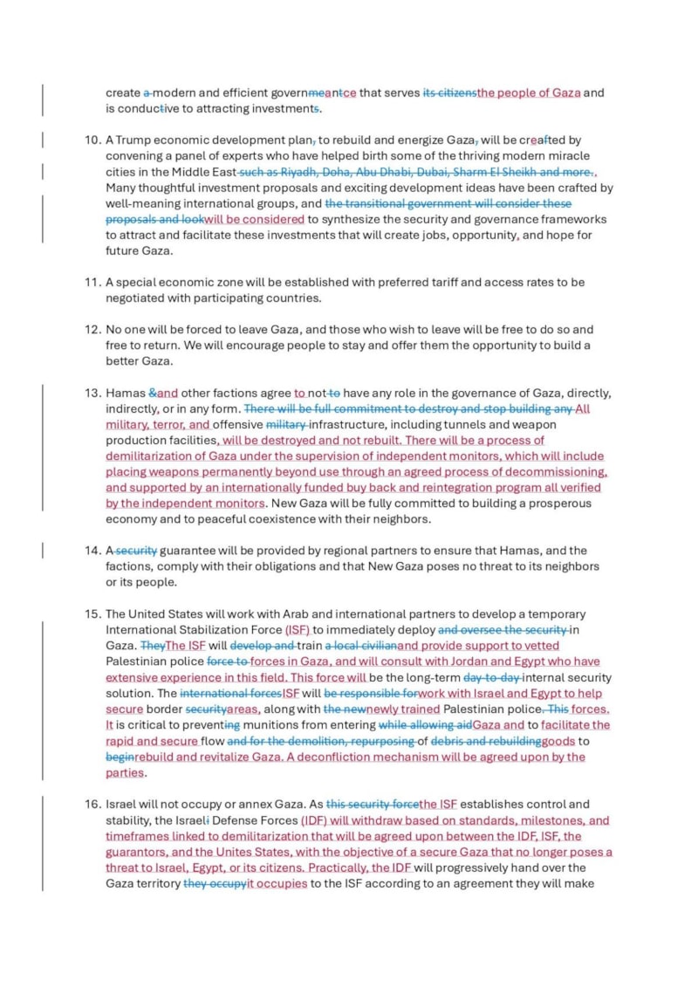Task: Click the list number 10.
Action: pos(92,140)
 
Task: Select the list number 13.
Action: pos(92,393)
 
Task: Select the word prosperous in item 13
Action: pos(559,504)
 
